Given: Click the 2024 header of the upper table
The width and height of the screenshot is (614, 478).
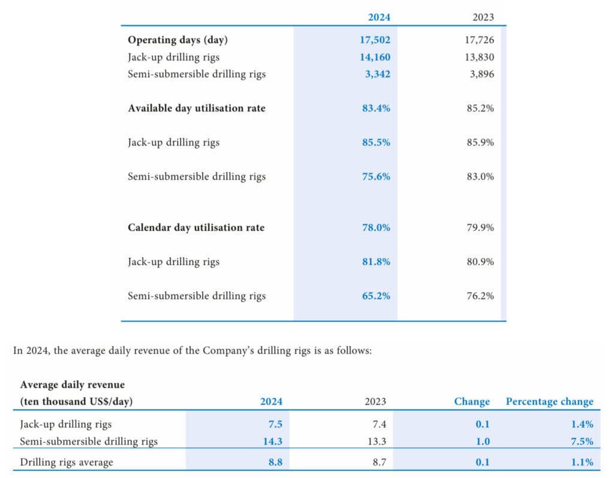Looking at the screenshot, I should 379,17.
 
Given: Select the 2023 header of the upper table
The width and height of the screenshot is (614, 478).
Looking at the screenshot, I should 483,17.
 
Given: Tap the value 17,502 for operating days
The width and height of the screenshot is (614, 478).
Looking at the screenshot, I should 375,40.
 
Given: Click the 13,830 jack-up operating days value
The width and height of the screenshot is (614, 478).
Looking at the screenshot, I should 480,58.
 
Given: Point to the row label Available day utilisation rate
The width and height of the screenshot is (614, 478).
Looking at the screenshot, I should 196,109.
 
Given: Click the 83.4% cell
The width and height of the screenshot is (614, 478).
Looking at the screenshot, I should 376,109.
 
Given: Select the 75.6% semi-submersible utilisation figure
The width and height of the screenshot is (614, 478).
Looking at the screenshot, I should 376,176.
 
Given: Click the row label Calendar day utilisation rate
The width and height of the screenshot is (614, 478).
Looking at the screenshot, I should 195,228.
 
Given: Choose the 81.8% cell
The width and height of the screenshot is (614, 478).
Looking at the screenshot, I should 376,262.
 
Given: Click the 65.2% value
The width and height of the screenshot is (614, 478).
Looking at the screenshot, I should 376,296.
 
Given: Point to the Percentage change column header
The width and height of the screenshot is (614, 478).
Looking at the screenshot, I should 549,402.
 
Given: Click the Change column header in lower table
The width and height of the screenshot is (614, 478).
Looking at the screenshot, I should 472,402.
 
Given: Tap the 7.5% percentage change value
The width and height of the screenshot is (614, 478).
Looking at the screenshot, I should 582,441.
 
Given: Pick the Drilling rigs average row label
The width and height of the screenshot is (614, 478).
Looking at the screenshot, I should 67,462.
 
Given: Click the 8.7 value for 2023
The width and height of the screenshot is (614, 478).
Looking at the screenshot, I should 379,462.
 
